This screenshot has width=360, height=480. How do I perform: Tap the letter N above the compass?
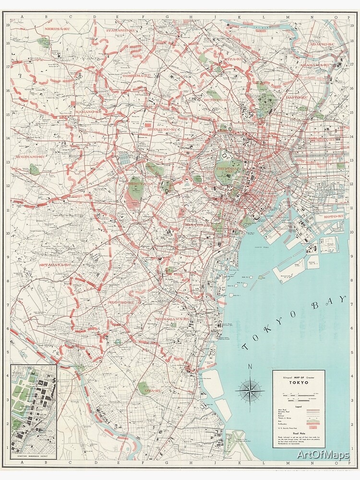[x=250, y=368]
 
